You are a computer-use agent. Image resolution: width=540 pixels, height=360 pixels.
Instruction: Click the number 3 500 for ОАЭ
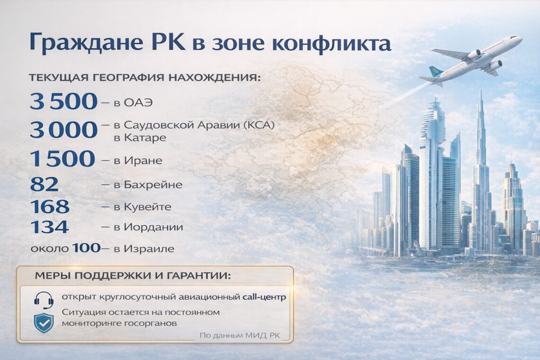(x=64, y=101)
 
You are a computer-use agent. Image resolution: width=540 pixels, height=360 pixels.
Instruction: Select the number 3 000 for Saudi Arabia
(x=64, y=130)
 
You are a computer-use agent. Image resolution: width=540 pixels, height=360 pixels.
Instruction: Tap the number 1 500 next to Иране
(x=63, y=159)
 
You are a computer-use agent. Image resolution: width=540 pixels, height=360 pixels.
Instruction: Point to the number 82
(x=45, y=184)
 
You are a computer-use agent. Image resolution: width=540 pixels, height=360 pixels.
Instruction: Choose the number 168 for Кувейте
(x=50, y=207)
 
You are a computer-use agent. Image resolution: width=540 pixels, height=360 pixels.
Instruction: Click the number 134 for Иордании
(x=50, y=227)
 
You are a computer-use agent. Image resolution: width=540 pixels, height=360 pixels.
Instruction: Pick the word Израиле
(x=149, y=249)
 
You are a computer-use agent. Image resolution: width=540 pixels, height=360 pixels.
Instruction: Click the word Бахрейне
(x=153, y=185)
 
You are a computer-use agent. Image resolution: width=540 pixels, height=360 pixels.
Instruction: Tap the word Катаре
(x=144, y=138)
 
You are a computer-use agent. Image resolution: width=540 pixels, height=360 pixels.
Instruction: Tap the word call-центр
(x=264, y=297)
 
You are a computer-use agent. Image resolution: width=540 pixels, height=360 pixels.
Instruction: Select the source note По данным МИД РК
(x=240, y=335)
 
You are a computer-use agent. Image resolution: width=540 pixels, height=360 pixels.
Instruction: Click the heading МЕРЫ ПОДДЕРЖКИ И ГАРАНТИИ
(x=133, y=276)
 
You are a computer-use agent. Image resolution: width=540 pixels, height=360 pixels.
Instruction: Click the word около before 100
(x=50, y=249)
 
